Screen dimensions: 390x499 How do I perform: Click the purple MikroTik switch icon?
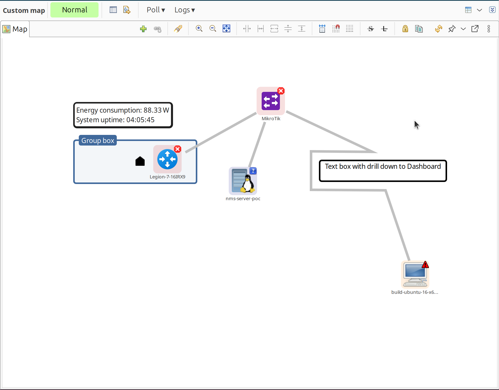pyautogui.click(x=271, y=101)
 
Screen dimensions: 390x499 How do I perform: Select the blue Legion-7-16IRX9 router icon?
pyautogui.click(x=167, y=159)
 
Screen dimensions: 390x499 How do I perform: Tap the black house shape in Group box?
pyautogui.click(x=140, y=161)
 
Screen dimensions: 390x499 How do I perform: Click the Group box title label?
pyautogui.click(x=98, y=140)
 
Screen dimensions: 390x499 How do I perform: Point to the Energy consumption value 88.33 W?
pyautogui.click(x=156, y=110)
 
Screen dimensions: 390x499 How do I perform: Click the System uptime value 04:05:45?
pyautogui.click(x=140, y=120)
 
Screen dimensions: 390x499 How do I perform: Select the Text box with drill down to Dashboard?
pyautogui.click(x=383, y=171)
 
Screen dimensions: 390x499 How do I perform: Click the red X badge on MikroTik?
pyautogui.click(x=281, y=91)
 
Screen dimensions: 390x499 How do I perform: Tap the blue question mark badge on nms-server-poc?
pyautogui.click(x=253, y=171)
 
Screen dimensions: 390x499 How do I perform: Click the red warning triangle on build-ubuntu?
pyautogui.click(x=425, y=265)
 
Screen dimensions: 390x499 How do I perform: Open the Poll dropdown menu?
pyautogui.click(x=156, y=10)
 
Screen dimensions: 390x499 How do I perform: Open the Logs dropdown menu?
pyautogui.click(x=185, y=10)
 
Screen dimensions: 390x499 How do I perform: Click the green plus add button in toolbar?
pyautogui.click(x=143, y=29)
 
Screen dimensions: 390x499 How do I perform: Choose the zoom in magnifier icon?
pyautogui.click(x=199, y=29)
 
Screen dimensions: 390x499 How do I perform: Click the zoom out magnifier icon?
pyautogui.click(x=213, y=29)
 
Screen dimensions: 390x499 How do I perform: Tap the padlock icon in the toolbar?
pyautogui.click(x=405, y=29)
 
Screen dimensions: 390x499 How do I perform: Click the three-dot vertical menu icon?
pyautogui.click(x=489, y=29)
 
